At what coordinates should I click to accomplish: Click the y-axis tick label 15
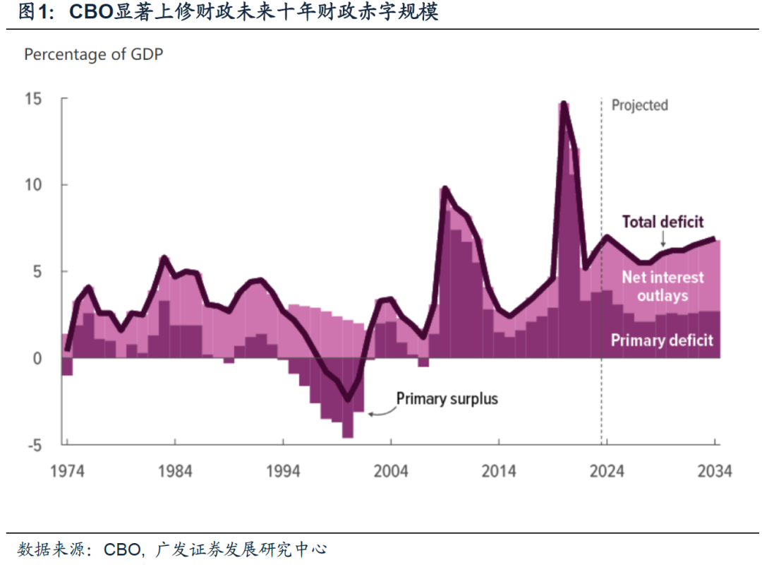coord(34,98)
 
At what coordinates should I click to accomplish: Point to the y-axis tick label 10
coord(34,185)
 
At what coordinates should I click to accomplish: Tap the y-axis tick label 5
coord(39,272)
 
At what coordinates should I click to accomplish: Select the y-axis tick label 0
coord(39,358)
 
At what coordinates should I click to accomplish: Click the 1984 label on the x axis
coord(174,470)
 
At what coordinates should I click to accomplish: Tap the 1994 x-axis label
coord(282,470)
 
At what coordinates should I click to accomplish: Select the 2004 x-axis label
coord(390,470)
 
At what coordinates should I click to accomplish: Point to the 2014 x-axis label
coord(498,470)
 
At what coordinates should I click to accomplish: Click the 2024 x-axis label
coord(606,470)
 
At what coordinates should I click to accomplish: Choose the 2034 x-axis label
coord(714,470)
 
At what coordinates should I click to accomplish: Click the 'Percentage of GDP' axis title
coord(94,54)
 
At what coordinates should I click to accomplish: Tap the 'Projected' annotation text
coord(639,105)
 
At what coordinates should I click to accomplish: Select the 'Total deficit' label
coord(663,222)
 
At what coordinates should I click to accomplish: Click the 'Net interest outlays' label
coord(663,286)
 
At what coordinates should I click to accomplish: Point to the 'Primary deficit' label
coord(662,340)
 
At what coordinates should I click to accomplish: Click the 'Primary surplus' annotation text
coord(447,398)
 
